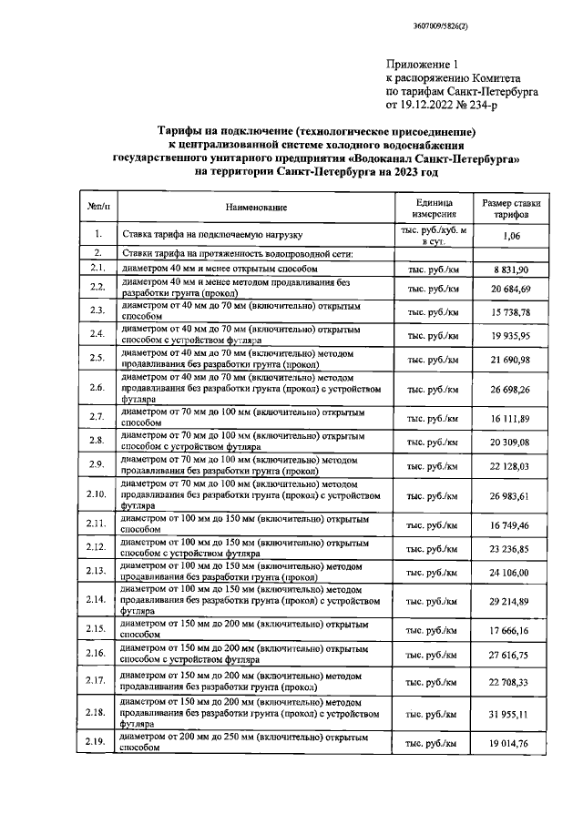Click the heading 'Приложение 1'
419,65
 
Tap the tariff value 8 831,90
511,270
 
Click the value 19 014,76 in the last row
511,744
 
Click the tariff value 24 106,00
511,573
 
